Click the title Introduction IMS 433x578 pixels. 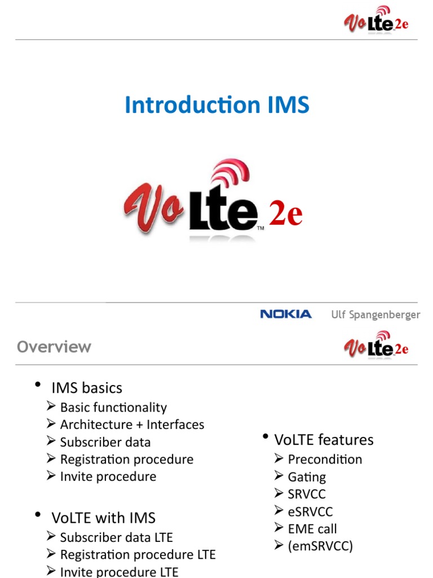pyautogui.click(x=217, y=106)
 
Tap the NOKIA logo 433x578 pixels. pyautogui.click(x=286, y=314)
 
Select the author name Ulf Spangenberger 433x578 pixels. pyautogui.click(x=375, y=314)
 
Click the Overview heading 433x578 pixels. pyautogui.click(x=54, y=347)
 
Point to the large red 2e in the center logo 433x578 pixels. pyautogui.click(x=286, y=215)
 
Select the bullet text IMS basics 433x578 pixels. pyautogui.click(x=87, y=388)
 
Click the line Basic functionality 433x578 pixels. pyautogui.click(x=113, y=408)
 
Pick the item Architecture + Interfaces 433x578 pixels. pyautogui.click(x=132, y=424)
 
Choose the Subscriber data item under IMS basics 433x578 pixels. pyautogui.click(x=105, y=442)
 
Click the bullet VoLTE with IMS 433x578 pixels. pyautogui.click(x=103, y=518)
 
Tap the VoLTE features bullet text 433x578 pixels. pyautogui.click(x=324, y=440)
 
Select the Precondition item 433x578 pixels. pyautogui.click(x=325, y=459)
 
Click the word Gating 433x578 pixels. pyautogui.click(x=307, y=477)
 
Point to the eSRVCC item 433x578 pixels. pyautogui.click(x=310, y=512)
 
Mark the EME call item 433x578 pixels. pyautogui.click(x=312, y=529)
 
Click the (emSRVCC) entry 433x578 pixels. pyautogui.click(x=320, y=546)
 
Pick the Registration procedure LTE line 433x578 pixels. pyautogui.click(x=138, y=555)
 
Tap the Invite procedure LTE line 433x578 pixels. pyautogui.click(x=119, y=572)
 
